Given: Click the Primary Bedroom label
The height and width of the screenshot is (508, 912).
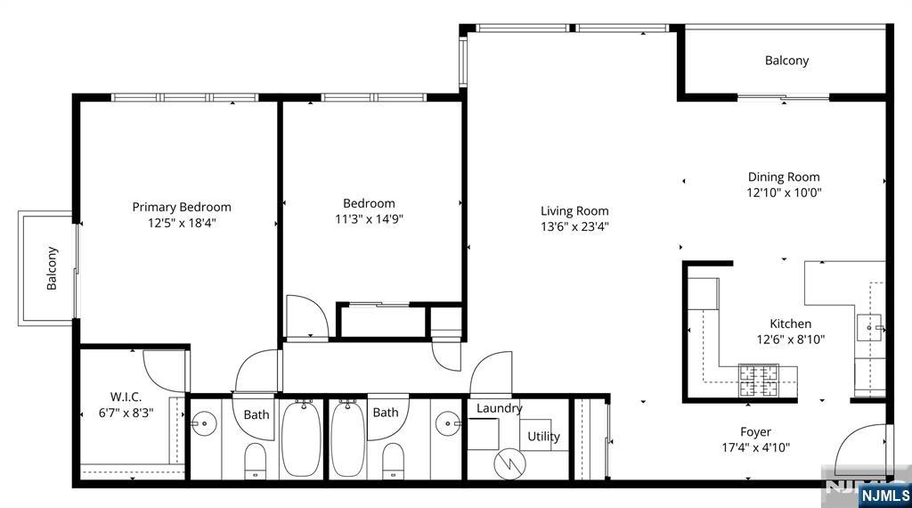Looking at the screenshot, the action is pos(182,207).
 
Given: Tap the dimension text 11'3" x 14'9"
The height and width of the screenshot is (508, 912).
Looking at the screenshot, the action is pos(370,219).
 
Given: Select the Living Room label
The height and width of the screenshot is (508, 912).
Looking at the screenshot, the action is pos(574,211).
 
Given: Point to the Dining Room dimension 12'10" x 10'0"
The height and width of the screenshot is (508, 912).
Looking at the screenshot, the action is pos(784,193).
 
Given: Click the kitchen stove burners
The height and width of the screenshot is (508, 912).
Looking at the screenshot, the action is pos(758,380).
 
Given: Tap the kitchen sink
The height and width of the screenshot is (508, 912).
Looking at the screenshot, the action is pos(869,328).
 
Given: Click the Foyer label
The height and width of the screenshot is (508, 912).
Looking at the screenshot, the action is pos(755,431).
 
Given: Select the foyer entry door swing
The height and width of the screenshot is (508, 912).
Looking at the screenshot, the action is pos(862,449).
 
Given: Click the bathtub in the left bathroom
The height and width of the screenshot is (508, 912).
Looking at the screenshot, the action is pos(301,438).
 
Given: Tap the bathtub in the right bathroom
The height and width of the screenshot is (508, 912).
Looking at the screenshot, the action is pos(348,438).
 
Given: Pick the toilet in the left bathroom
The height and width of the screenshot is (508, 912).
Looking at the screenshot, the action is pos(255,461).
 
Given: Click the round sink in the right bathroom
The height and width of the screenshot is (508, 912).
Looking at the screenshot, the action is pos(448,423).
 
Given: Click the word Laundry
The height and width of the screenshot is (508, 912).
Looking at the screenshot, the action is pos(499,408).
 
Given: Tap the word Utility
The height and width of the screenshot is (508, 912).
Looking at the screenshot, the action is pos(544,437).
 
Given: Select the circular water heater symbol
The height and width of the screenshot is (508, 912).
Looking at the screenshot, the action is pos(509,463).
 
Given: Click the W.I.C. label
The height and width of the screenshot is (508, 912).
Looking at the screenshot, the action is pos(126,397).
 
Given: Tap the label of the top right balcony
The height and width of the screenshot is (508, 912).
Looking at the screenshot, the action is pos(786,61).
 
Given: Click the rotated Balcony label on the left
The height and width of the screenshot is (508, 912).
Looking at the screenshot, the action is pos(52,268).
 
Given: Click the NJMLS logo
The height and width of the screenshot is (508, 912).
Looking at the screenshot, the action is pos(884,496).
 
